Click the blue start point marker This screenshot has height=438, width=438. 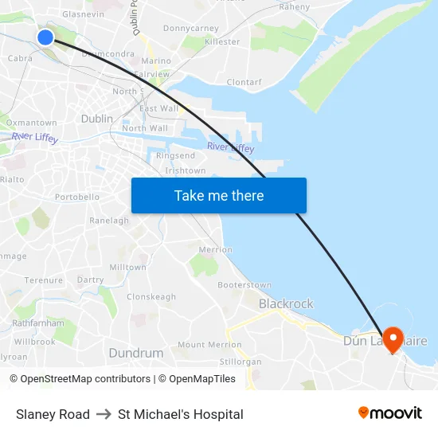[45, 37]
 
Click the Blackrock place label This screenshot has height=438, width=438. [286, 303]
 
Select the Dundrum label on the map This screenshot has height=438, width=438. [136, 352]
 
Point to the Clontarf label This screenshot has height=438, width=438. [244, 81]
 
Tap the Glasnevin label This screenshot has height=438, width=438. [83, 14]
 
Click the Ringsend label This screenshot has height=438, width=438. [175, 155]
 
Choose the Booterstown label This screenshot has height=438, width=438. [244, 284]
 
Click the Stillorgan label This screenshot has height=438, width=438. [240, 362]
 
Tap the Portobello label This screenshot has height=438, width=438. [77, 197]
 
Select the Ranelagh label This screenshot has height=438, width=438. [109, 221]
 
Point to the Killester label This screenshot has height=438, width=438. [222, 41]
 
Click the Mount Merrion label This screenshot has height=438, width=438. [209, 345]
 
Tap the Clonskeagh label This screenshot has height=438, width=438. [151, 297]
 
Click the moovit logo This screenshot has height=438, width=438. [390, 413]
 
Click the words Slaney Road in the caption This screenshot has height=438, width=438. [53, 414]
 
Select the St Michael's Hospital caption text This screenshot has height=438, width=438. [181, 414]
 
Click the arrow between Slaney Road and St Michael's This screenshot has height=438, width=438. [104, 414]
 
